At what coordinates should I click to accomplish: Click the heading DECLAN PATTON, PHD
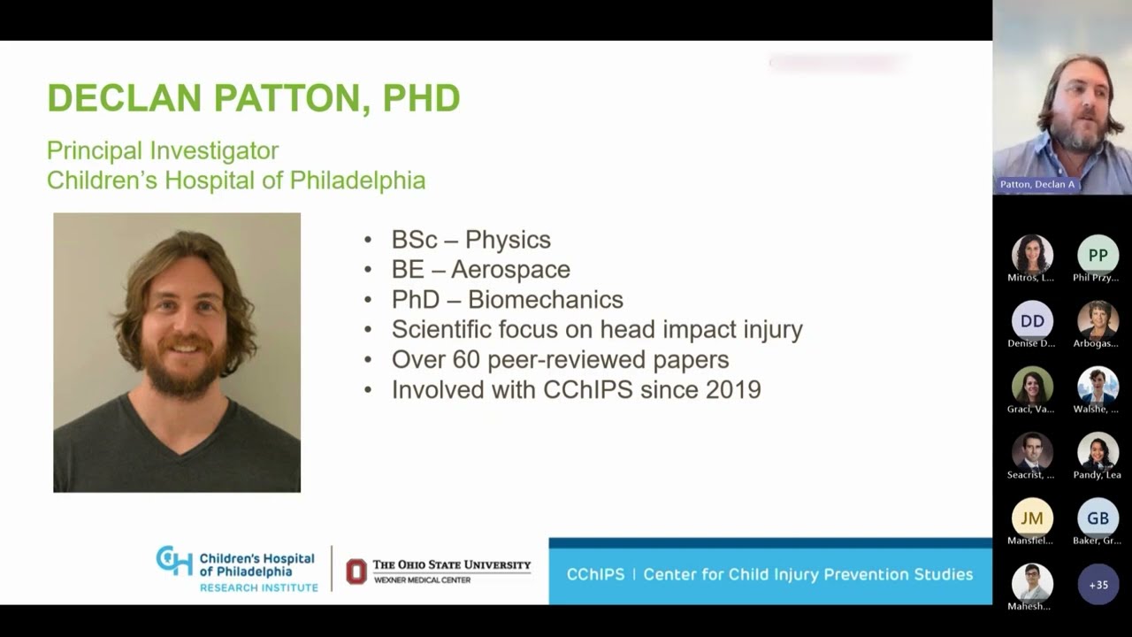click(253, 98)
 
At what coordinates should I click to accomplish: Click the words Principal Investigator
click(163, 151)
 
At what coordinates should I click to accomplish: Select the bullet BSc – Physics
click(470, 240)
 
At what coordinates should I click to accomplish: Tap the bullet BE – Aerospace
click(480, 269)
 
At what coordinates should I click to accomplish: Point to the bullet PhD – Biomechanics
click(507, 299)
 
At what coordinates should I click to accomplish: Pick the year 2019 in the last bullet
click(733, 389)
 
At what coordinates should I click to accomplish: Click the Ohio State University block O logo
click(356, 572)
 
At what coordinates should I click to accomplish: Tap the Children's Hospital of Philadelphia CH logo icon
click(174, 561)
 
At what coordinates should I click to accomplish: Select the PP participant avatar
click(1098, 255)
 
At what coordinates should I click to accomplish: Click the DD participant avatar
click(1032, 320)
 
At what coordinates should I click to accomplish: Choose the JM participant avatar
click(1032, 518)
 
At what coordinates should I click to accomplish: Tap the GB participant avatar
click(1098, 518)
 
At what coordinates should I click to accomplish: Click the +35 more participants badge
click(1098, 584)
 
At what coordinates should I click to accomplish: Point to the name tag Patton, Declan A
click(1037, 184)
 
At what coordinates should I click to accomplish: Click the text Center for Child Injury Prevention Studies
click(807, 574)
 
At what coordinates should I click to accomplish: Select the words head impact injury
click(700, 329)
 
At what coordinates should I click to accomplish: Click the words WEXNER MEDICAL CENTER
click(422, 580)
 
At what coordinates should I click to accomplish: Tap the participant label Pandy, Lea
click(1098, 475)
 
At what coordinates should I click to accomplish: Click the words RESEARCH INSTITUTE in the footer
click(258, 587)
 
